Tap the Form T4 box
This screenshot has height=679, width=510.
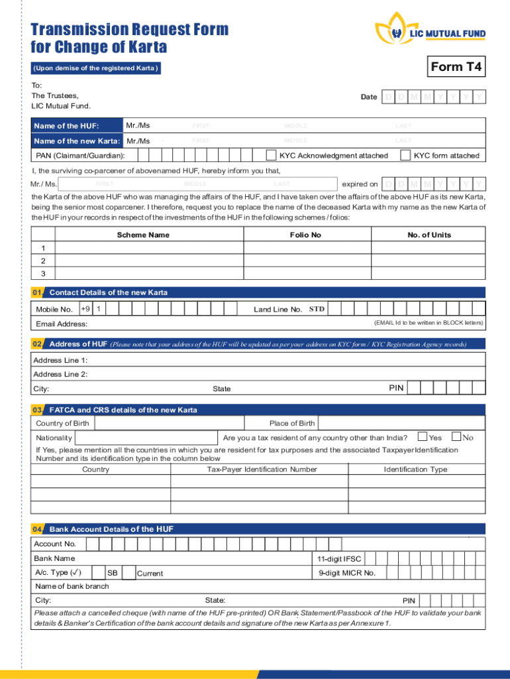(456, 67)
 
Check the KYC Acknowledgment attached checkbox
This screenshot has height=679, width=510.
(271, 155)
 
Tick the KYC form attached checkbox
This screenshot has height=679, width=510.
(405, 155)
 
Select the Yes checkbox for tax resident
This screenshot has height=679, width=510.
(422, 437)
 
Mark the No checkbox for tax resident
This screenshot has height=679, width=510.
(456, 437)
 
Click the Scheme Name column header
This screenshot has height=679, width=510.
(143, 235)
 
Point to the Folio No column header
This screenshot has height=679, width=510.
(305, 235)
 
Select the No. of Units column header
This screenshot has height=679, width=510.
(429, 235)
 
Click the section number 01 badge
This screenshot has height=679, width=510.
(37, 292)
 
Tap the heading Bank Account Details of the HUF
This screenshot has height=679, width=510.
(111, 529)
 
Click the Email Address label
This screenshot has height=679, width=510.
(62, 324)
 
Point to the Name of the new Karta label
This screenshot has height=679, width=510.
(77, 141)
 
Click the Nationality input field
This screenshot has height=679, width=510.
(146, 438)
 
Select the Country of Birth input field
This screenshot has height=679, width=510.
(169, 423)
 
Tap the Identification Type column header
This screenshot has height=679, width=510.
(415, 469)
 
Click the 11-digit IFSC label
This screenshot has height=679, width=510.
(339, 558)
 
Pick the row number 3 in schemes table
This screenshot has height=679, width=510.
(43, 273)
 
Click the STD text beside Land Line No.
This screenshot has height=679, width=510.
(317, 309)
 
